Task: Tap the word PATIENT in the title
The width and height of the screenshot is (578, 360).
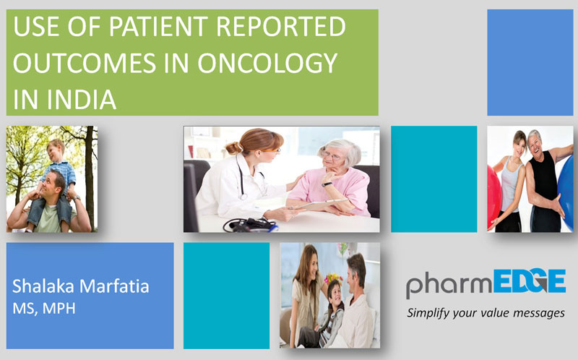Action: (x=158, y=26)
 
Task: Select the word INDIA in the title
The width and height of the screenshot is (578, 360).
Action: (x=82, y=99)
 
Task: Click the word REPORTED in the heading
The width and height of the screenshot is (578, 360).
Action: (x=280, y=26)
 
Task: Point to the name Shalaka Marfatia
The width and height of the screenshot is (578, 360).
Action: (x=81, y=286)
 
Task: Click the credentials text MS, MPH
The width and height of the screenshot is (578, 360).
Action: (x=44, y=309)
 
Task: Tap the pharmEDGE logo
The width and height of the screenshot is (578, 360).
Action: (x=486, y=283)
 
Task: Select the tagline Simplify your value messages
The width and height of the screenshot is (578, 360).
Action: (x=486, y=313)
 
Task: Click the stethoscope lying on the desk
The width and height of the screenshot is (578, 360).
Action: (x=250, y=225)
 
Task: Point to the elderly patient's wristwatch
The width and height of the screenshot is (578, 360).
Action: (x=327, y=184)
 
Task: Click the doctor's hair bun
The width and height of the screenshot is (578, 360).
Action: (x=233, y=148)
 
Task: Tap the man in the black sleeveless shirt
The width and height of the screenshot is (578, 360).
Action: (x=545, y=181)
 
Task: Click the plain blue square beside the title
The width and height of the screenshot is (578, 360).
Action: (x=530, y=62)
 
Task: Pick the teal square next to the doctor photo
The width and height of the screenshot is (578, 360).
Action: (x=434, y=179)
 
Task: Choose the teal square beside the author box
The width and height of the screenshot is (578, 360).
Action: (x=226, y=296)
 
